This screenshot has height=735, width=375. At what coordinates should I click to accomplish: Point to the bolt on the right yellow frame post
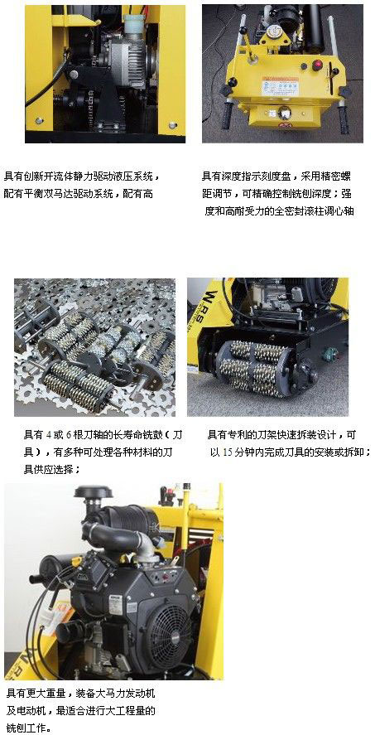[173, 126]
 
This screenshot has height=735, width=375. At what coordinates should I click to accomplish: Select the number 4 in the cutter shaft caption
[49, 434]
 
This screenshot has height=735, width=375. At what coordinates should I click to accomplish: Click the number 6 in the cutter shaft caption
[69, 434]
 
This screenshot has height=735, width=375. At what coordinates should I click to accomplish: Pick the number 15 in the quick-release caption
[228, 453]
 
